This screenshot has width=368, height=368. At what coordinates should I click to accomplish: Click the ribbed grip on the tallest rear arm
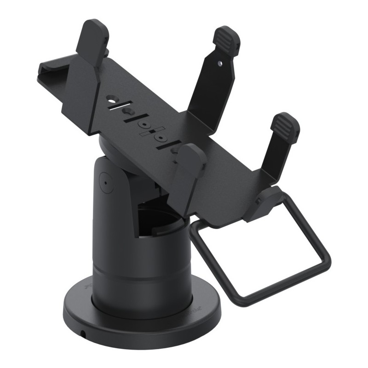pos(228,38)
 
